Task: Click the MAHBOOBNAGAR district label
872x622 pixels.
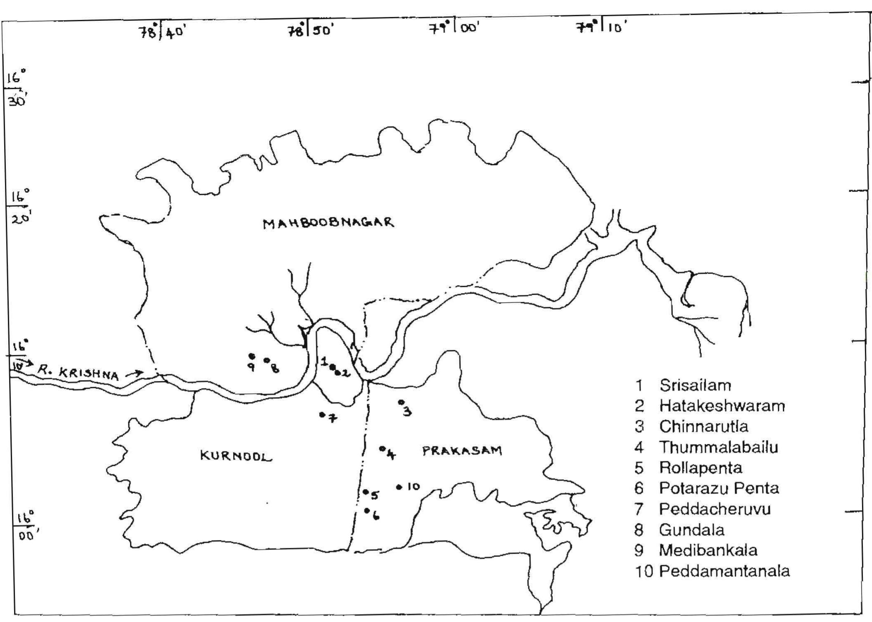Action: (328, 223)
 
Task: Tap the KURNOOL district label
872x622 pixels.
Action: (236, 456)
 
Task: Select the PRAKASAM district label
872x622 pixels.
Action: (462, 451)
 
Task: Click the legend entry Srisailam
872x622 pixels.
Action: (695, 385)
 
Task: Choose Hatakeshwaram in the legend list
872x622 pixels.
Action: (722, 405)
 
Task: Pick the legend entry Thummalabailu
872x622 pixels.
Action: (718, 447)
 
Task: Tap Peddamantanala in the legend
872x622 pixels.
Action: (724, 571)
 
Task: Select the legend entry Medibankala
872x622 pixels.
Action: (708, 550)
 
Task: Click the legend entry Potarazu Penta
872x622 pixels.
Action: (719, 488)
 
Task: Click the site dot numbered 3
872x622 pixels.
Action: (400, 402)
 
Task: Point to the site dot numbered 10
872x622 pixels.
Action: (399, 487)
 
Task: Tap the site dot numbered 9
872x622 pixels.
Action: (251, 356)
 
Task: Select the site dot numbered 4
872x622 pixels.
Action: (381, 448)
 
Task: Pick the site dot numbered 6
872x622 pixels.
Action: (366, 510)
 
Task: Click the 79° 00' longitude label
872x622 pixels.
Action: (454, 28)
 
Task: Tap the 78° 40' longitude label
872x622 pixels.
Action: (161, 31)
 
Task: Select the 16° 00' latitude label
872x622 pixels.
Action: (26, 525)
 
